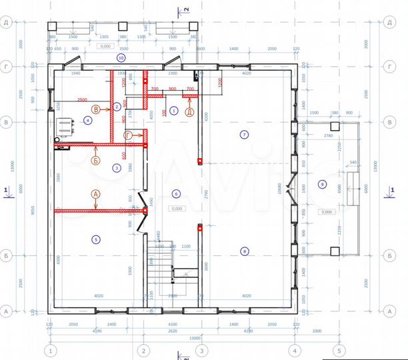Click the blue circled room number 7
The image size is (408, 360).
245,135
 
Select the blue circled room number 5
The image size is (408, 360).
96,239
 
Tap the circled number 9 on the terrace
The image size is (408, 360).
323,184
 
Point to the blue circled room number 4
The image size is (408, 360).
87,120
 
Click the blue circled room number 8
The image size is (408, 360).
245,251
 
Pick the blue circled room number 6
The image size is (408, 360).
176,194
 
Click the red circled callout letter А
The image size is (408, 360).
95,193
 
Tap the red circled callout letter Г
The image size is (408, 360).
128,135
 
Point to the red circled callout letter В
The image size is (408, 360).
96,109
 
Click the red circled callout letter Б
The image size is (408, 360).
96,161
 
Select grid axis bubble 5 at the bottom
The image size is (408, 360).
339,349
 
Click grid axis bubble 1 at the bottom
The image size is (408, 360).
49,349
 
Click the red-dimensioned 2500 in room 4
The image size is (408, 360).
81,99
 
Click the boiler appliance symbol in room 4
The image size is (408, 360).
66,126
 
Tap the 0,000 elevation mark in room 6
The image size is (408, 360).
176,209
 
